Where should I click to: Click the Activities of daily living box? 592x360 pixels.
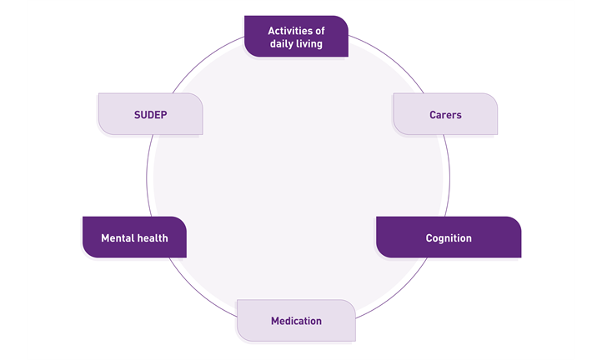pyautogui.click(x=296, y=37)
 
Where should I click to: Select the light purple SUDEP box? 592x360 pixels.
pyautogui.click(x=151, y=114)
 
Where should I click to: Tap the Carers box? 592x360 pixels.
pyautogui.click(x=445, y=114)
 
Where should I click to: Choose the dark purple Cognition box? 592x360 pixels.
pyautogui.click(x=449, y=237)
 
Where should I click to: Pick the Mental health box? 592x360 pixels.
pyautogui.click(x=134, y=237)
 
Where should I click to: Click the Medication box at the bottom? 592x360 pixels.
pyautogui.click(x=296, y=320)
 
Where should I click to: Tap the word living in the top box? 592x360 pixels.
pyautogui.click(x=309, y=43)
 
